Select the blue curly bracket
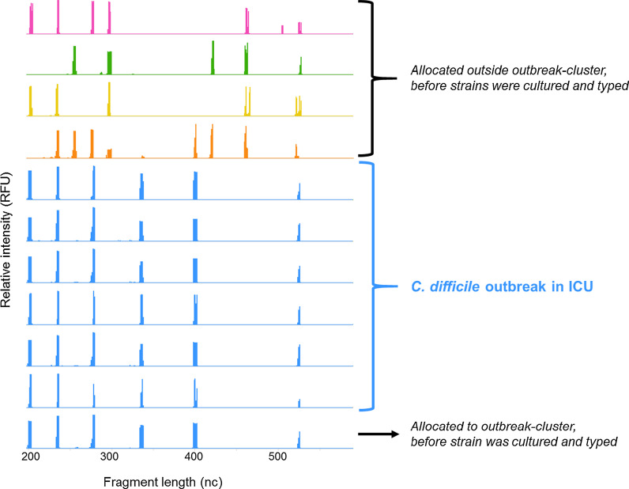(x=371, y=286)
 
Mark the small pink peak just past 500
(x=282, y=29)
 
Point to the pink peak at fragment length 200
(x=31, y=18)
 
